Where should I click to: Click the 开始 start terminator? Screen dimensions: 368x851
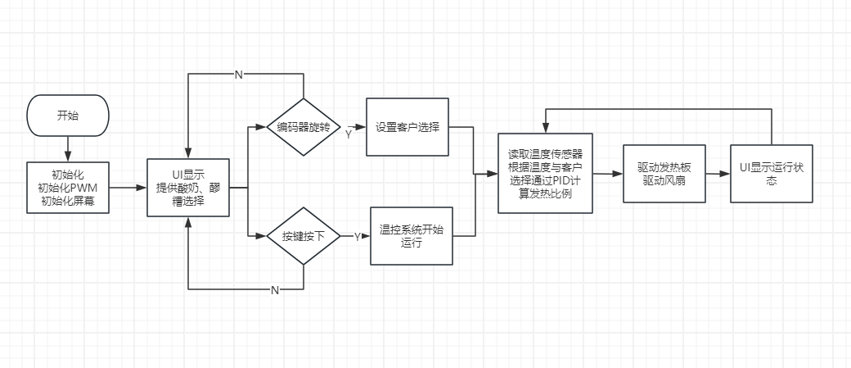point(68,116)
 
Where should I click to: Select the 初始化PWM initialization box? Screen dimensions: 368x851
point(68,187)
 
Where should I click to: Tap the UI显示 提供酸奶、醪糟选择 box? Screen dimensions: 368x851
point(187,187)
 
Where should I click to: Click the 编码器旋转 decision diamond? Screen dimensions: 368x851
point(304,127)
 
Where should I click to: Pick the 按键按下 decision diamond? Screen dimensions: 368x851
point(304,236)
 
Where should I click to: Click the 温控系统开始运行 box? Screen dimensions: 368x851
point(412,235)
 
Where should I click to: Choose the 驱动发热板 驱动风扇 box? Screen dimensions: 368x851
point(664,175)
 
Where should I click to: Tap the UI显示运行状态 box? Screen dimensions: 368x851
point(772,174)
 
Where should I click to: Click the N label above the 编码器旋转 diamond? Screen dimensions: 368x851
point(238,75)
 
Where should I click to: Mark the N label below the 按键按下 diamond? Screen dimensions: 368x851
point(275,290)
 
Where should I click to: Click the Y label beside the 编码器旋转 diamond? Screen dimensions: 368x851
point(348,134)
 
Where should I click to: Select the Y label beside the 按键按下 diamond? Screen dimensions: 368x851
point(357,236)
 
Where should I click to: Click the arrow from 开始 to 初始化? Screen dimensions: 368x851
point(68,148)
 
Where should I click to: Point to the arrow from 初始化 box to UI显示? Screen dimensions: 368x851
point(128,187)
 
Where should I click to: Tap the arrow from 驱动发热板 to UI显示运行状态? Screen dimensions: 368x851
point(718,175)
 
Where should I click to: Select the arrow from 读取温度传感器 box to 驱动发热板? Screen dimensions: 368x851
point(608,175)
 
